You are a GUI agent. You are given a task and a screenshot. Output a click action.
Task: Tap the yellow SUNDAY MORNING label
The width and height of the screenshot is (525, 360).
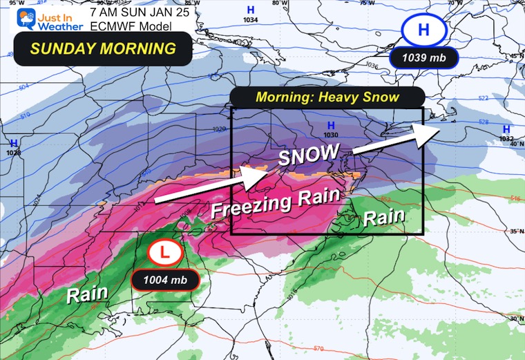tap(94, 49)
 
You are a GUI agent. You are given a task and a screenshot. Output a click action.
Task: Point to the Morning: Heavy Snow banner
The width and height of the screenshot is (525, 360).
tap(327, 97)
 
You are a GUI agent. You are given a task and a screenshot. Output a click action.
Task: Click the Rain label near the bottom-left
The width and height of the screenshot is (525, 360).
tap(87, 293)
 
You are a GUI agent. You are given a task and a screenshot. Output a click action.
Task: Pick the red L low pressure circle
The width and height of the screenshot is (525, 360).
tap(165, 253)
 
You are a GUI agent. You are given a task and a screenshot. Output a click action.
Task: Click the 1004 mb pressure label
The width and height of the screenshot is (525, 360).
tap(165, 280)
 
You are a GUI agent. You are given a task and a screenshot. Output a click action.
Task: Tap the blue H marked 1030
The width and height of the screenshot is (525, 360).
tap(331, 126)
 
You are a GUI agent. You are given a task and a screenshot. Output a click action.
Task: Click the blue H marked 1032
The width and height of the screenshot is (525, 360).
tap(506, 129)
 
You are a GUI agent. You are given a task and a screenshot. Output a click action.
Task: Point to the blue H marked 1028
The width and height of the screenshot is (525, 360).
tap(13, 144)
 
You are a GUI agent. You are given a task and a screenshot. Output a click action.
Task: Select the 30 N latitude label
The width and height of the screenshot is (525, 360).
tap(514, 317)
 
